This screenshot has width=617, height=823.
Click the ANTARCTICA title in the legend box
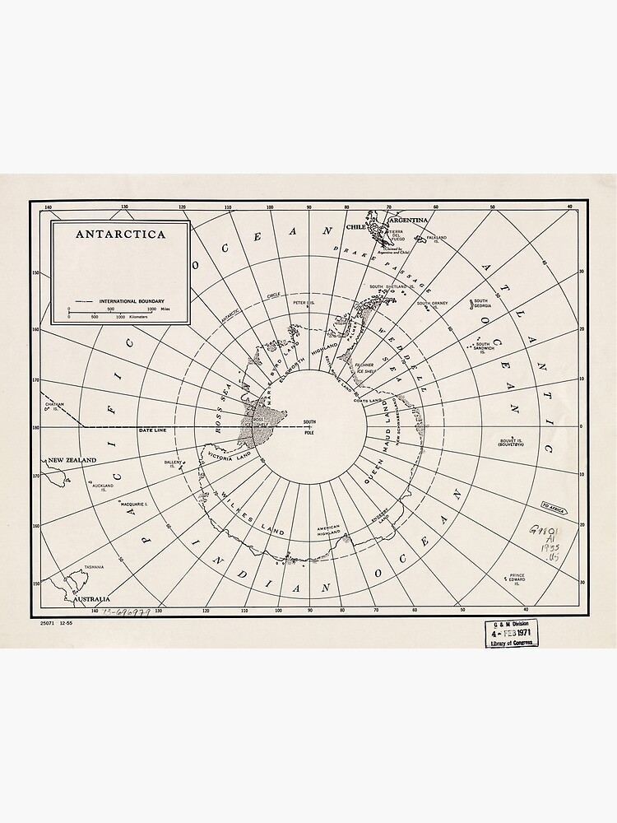[120, 234]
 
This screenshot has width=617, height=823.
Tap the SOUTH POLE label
[309, 426]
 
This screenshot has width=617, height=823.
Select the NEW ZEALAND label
[72, 460]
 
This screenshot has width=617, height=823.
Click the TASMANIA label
[95, 567]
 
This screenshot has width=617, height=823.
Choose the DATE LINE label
[153, 430]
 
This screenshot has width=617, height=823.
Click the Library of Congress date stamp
[511, 634]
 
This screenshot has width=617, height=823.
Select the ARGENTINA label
[410, 221]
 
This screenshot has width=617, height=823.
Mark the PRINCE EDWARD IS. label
[517, 579]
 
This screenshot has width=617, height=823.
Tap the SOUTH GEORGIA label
[481, 304]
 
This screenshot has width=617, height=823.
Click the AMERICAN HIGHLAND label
[328, 530]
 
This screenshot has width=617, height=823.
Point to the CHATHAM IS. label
[54, 406]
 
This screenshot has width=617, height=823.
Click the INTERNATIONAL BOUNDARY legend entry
[128, 302]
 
